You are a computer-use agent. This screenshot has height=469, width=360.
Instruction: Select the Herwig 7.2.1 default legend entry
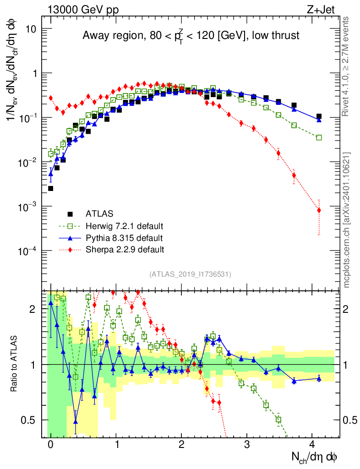[x=124, y=226]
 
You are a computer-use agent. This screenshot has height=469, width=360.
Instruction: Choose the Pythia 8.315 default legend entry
[x=124, y=238]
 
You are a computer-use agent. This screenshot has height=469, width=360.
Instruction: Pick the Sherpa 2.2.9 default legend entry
[x=125, y=250]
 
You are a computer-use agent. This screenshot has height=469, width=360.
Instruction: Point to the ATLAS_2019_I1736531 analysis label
[x=190, y=274]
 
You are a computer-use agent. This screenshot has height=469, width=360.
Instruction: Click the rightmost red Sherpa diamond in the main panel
[x=319, y=210]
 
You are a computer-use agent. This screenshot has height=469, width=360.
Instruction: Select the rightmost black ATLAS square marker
[x=319, y=117]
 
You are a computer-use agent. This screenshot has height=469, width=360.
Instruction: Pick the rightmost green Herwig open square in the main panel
[x=319, y=137]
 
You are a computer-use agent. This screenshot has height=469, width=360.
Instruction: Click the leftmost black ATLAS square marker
[x=50, y=188]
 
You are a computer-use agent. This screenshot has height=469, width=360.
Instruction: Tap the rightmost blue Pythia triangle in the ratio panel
[x=319, y=378]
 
